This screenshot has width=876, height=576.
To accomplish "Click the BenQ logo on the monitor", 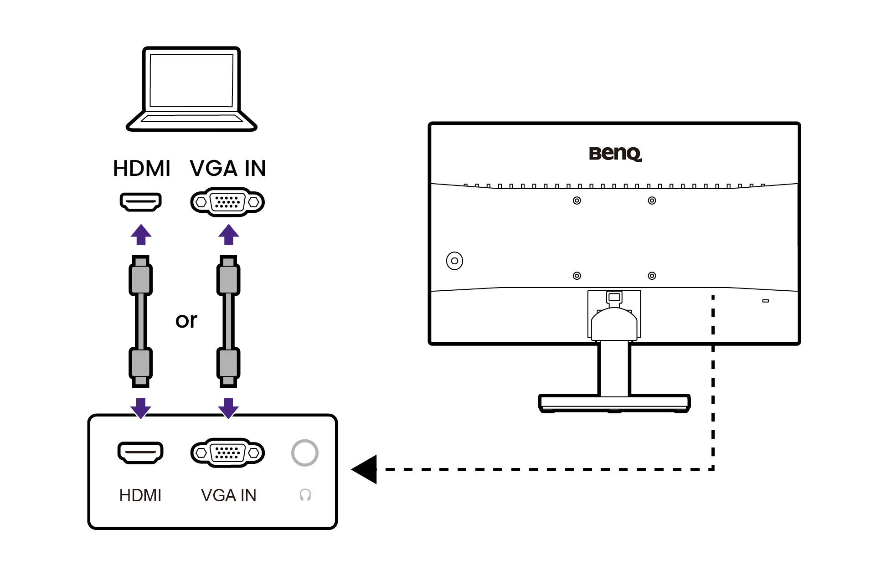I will [x=615, y=154].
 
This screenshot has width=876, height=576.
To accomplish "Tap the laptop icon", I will [x=191, y=89].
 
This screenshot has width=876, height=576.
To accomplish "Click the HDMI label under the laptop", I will [x=141, y=168].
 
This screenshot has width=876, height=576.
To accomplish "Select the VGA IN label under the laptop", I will [x=227, y=168].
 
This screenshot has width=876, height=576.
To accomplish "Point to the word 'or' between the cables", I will [x=186, y=320].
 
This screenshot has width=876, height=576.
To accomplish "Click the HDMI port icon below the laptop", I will [x=141, y=201].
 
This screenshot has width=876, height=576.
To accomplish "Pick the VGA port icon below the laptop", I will [x=227, y=202].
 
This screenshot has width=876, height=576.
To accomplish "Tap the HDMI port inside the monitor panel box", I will [x=140, y=453].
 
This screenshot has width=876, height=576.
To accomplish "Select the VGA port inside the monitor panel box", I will [x=227, y=453].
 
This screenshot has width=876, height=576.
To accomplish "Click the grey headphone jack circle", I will [x=304, y=453].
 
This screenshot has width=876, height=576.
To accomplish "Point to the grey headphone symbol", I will [x=305, y=495].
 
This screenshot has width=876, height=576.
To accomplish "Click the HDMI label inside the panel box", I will [x=140, y=495].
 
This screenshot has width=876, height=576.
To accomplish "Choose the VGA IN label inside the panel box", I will [x=228, y=495].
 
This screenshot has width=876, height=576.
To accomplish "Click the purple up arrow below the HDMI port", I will [x=141, y=234].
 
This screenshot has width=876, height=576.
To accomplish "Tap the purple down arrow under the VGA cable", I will [x=228, y=408].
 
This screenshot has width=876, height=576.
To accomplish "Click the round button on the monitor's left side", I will [x=454, y=261].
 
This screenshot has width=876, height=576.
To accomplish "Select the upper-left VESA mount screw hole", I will [x=577, y=201].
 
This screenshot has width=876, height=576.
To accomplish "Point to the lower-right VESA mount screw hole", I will [x=652, y=276].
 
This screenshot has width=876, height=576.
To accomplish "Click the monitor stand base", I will [x=614, y=402].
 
